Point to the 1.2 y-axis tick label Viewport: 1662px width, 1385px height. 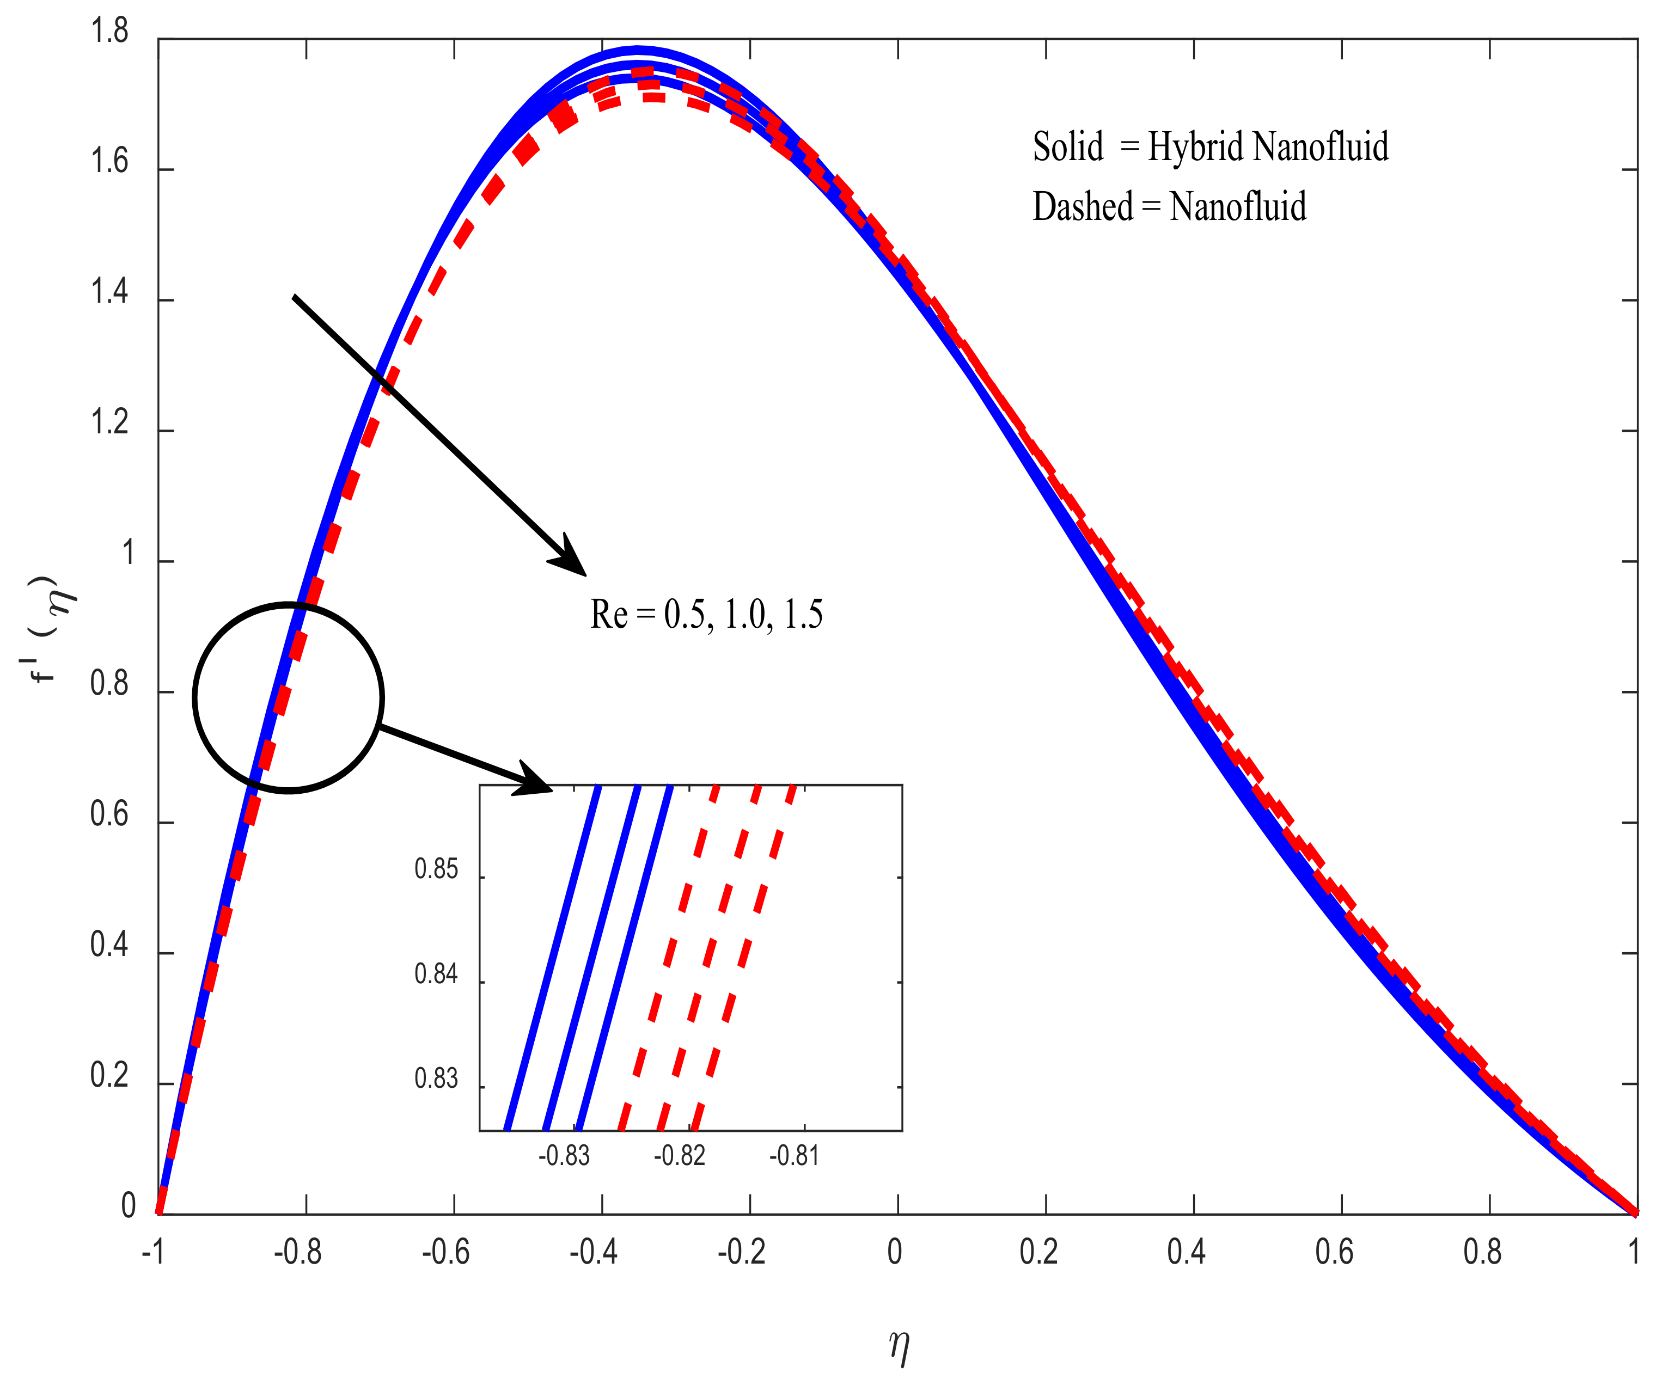pos(109,424)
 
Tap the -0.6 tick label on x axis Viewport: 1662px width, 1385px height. pos(445,1252)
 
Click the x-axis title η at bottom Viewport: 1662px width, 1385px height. pos(899,1345)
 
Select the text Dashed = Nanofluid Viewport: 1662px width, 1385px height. pos(1169,207)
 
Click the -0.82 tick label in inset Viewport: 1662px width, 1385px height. pos(679,1156)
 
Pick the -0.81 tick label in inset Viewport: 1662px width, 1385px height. pos(794,1156)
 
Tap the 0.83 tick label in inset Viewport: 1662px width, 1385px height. pos(436,1078)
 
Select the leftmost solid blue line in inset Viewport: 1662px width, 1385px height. pos(552,958)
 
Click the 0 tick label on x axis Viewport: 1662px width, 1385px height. pos(894,1252)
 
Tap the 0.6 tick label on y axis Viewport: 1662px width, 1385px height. pos(109,814)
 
